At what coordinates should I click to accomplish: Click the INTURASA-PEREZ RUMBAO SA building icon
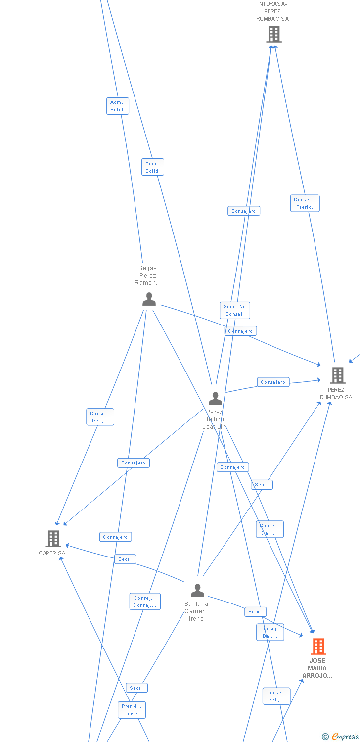(x=274, y=34)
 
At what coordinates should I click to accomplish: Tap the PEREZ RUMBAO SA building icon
(x=338, y=375)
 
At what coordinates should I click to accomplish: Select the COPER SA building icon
(x=53, y=538)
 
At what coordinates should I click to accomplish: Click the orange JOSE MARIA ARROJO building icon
(x=318, y=646)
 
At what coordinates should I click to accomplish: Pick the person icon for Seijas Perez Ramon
(x=149, y=299)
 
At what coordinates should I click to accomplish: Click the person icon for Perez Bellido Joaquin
(x=215, y=398)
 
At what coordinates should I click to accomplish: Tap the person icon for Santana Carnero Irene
(x=197, y=591)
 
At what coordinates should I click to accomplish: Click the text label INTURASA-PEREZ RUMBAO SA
(x=272, y=11)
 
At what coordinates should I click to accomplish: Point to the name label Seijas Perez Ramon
(x=148, y=276)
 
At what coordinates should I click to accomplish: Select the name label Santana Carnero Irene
(x=196, y=611)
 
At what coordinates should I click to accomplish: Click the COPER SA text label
(x=52, y=553)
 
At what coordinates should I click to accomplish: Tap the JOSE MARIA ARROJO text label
(x=317, y=668)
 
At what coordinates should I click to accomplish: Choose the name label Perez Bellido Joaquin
(x=214, y=419)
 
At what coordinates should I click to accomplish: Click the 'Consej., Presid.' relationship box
(x=305, y=203)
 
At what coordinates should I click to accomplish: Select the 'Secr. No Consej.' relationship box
(x=235, y=310)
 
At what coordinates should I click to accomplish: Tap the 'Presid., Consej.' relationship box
(x=132, y=710)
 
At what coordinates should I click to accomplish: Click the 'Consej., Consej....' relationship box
(x=145, y=602)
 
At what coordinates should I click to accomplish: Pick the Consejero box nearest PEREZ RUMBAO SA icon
(x=273, y=382)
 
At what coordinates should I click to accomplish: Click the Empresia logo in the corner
(x=341, y=737)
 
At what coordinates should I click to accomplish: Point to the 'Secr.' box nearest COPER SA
(x=125, y=559)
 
